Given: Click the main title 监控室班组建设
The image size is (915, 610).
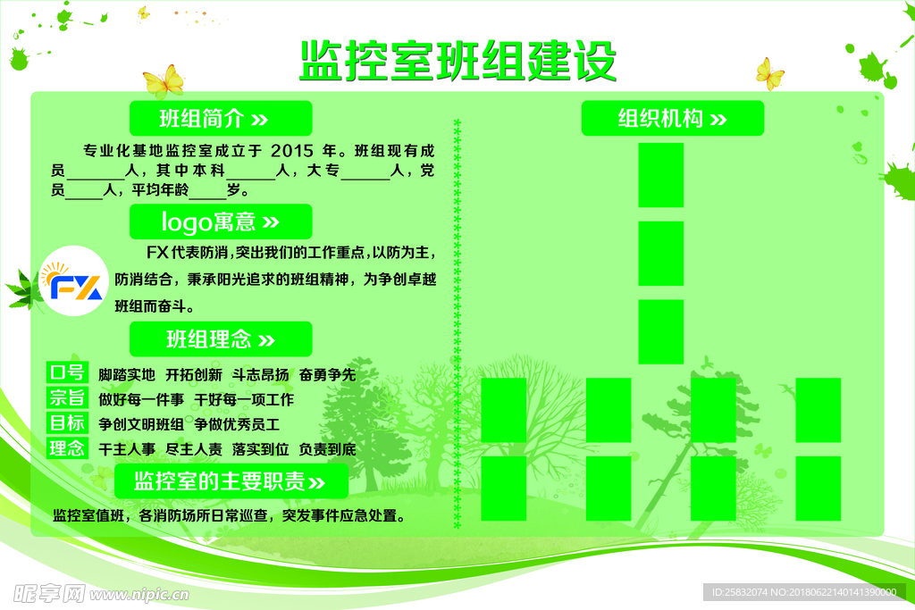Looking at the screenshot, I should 457,61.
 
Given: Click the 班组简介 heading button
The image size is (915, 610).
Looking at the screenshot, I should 221,118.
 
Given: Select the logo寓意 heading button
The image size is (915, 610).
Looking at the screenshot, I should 221,221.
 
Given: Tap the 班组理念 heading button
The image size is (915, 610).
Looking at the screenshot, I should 221,339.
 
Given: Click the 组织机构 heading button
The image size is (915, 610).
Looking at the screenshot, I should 672,118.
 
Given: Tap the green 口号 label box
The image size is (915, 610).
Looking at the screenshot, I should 67,373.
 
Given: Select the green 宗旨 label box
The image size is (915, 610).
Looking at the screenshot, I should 67,398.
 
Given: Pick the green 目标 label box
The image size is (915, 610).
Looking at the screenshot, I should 67,423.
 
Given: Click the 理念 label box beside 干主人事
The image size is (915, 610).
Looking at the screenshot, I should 67,448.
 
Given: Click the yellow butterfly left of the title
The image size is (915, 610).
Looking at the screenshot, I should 163,82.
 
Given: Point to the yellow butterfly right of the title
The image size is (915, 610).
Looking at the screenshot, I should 768,73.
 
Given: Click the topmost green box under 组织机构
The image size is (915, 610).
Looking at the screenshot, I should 661,175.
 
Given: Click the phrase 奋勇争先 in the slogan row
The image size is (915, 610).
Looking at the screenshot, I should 327,374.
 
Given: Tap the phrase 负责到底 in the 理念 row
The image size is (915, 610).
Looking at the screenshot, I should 327,449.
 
